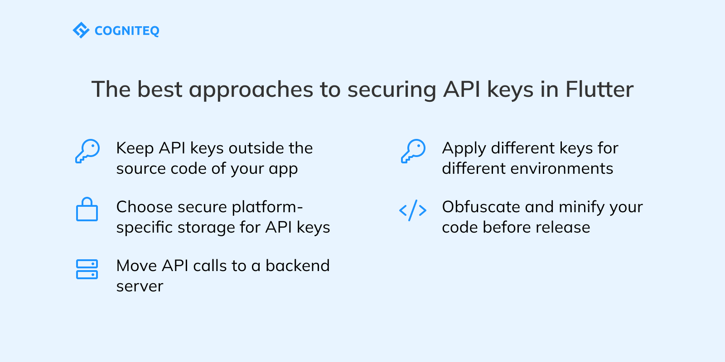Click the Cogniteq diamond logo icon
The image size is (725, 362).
coord(81,30)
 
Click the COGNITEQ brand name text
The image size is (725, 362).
coord(127,31)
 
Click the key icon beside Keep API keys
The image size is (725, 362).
coord(87,151)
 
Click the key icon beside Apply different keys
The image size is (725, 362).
coord(413,151)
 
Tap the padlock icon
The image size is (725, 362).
coord(87,210)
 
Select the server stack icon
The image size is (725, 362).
coord(87,269)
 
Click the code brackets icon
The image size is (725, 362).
coord(413,210)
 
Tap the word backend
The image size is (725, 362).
coord(297,266)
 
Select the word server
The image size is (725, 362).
coord(140,286)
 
